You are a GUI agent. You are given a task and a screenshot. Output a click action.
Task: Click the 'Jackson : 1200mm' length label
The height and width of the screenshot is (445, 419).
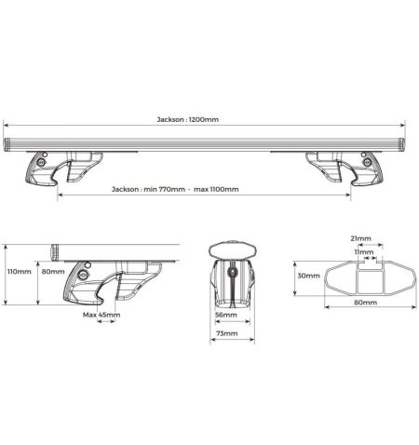click(x=187, y=119)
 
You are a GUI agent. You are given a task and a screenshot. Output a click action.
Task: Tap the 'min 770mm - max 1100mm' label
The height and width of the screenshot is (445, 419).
click(x=191, y=189)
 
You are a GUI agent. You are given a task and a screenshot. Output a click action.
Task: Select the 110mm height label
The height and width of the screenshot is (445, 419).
click(x=20, y=272)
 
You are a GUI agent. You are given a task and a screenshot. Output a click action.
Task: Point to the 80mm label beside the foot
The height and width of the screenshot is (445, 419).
click(x=53, y=272)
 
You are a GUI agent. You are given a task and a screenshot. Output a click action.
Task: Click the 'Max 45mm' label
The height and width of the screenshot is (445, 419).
click(x=101, y=315)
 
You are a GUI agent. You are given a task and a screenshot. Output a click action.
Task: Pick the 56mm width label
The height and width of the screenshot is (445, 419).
click(x=226, y=315)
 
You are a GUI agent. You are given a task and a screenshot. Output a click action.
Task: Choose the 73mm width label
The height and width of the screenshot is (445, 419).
click(x=227, y=333)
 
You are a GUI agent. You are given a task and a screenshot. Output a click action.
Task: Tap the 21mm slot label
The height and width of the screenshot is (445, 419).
click(x=360, y=238)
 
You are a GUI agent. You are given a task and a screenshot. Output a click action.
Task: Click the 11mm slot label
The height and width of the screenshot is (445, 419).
click(x=364, y=252)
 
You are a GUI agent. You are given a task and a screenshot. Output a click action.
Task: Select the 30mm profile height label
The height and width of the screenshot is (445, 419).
click(x=308, y=276)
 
